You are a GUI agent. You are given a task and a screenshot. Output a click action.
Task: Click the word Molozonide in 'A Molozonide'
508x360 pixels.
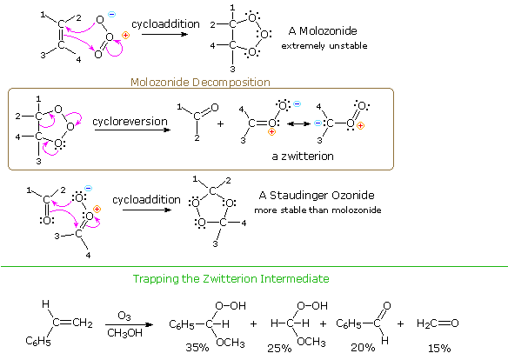click(x=328, y=31)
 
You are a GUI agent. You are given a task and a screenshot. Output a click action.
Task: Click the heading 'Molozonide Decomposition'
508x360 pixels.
click(x=200, y=83)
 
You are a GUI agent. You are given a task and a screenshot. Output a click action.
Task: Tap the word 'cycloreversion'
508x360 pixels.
click(x=130, y=122)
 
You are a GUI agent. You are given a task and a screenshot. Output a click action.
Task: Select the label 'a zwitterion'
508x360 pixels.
click(x=303, y=157)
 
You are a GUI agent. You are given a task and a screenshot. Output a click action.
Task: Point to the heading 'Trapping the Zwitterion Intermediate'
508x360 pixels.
click(x=231, y=279)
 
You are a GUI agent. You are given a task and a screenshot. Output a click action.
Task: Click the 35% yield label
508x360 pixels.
click(x=197, y=348)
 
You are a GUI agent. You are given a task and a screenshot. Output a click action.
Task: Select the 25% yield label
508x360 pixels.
click(x=279, y=349)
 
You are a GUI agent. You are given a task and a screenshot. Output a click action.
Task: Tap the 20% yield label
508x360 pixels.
click(x=363, y=348)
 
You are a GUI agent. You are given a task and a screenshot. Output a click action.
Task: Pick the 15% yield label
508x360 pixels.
click(x=439, y=349)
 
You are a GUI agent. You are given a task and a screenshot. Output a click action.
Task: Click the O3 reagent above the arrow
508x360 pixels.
click(x=124, y=316)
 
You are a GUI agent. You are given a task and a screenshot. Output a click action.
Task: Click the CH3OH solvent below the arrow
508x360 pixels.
click(x=124, y=333)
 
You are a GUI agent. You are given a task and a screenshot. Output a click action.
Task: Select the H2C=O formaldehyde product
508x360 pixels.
click(x=438, y=323)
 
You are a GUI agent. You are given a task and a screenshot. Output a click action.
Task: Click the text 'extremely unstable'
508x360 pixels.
click(x=324, y=46)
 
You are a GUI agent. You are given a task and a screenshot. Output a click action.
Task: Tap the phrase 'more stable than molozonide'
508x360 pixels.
click(x=317, y=210)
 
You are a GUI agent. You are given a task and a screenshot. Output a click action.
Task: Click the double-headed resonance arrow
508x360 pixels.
click(x=298, y=123)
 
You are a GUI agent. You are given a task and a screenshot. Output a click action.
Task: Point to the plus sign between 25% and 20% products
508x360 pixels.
click(x=323, y=323)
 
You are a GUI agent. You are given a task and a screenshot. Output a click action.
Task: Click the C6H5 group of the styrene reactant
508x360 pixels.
click(x=38, y=341)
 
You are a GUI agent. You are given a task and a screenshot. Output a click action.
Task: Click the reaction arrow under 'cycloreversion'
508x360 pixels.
click(x=132, y=130)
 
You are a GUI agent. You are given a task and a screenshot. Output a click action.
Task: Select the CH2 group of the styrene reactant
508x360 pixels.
click(x=83, y=323)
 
